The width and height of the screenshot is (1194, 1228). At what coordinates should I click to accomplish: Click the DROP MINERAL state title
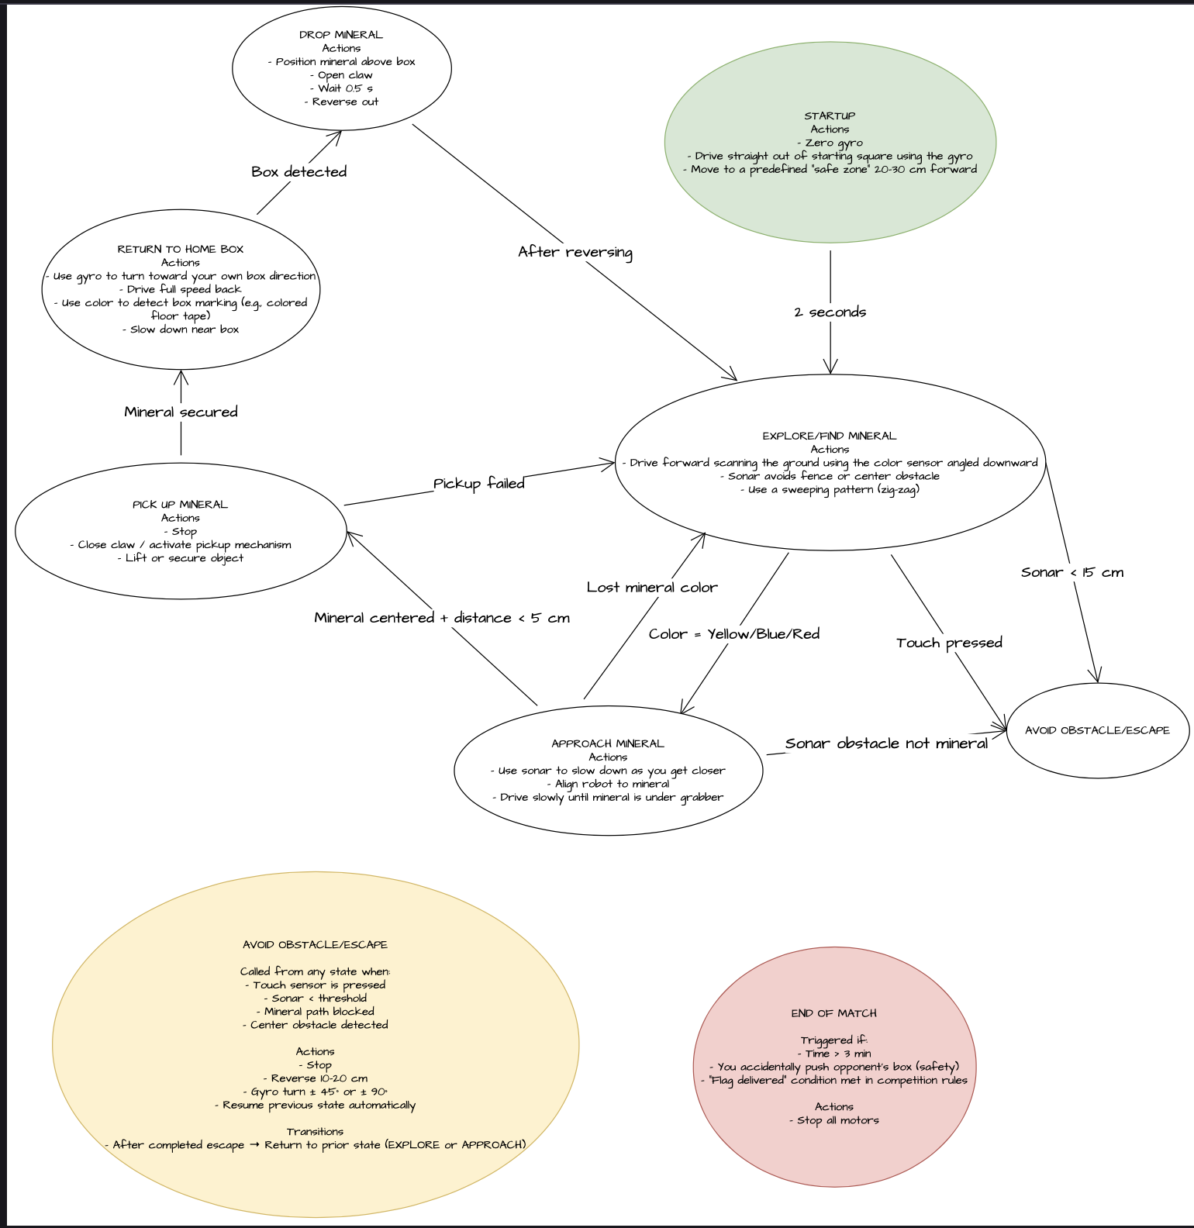[x=341, y=35]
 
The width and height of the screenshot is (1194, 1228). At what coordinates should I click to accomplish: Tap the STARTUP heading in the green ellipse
[x=830, y=116]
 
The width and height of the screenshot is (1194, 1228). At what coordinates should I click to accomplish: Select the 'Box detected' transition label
[x=298, y=171]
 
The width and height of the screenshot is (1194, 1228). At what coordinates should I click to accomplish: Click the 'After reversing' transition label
[x=575, y=252]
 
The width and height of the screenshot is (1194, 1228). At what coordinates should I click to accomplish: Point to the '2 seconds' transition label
[x=830, y=312]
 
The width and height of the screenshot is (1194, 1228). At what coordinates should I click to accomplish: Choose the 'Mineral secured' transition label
[x=181, y=412]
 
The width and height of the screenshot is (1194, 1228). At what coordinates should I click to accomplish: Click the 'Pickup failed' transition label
[x=479, y=484]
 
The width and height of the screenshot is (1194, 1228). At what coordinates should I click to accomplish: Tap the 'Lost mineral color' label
[x=652, y=588]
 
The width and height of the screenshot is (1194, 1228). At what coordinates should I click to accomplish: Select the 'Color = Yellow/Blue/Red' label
[x=734, y=634]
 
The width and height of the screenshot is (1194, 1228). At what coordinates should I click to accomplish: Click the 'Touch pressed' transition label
[x=949, y=643]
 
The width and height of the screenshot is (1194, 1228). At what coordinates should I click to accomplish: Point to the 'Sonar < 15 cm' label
[x=1072, y=572]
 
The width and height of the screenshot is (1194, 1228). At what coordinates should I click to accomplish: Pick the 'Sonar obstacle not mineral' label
[x=886, y=743]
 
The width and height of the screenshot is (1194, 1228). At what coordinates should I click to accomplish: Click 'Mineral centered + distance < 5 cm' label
[x=442, y=618]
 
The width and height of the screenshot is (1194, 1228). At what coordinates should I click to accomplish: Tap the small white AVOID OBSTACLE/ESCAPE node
[x=1097, y=730]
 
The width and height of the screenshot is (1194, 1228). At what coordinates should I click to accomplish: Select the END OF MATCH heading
[x=834, y=1013]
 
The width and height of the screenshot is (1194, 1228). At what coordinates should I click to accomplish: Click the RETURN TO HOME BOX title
[x=181, y=249]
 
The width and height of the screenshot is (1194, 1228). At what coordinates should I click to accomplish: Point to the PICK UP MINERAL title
[x=181, y=505]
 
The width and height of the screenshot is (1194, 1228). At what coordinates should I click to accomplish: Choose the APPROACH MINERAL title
[x=608, y=743]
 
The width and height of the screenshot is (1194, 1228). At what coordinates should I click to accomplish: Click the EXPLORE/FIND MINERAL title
[x=830, y=436]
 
